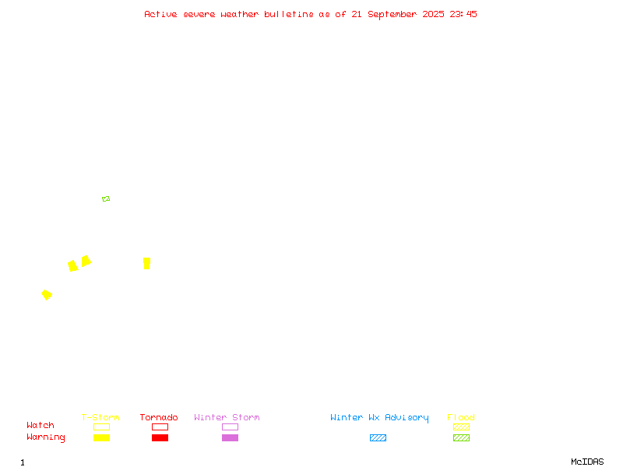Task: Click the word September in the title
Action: coord(392,15)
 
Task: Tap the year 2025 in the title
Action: coord(433,14)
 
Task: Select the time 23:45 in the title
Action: coord(463,14)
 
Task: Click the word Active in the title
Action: coord(160,14)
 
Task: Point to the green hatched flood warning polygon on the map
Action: coord(106,199)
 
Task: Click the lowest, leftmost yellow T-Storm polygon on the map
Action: coord(47,295)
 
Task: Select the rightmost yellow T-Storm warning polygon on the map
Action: coord(147,263)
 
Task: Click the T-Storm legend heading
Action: coord(100,417)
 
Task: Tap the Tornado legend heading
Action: coord(159,417)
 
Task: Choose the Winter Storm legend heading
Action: coord(227,417)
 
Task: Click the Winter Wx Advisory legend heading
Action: coord(379,418)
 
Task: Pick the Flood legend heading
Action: coord(461,417)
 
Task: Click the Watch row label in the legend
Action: coord(40,425)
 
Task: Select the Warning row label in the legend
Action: coord(46,437)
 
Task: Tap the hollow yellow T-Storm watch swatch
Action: coord(102,427)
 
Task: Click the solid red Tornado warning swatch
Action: coord(160,437)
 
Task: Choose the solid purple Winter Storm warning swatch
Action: coord(230,437)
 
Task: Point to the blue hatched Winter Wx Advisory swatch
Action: coord(378,437)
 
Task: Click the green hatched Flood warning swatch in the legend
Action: coord(461,437)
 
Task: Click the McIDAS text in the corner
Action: coord(587,462)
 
